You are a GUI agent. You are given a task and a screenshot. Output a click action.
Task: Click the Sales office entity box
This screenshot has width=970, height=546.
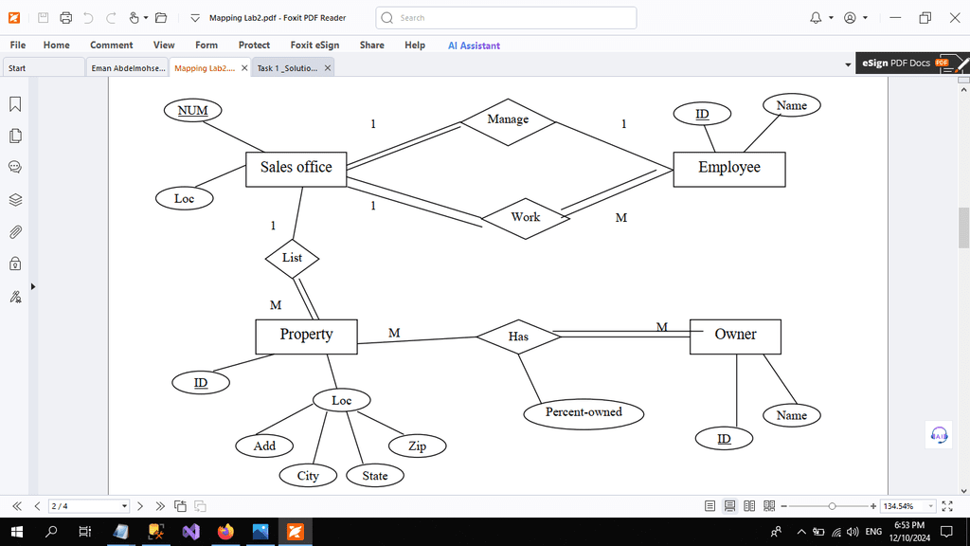pyautogui.click(x=296, y=169)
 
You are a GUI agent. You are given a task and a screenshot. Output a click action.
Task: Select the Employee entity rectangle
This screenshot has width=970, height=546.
pyautogui.click(x=729, y=169)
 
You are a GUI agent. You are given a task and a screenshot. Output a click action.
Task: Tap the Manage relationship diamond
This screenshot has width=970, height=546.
pyautogui.click(x=508, y=122)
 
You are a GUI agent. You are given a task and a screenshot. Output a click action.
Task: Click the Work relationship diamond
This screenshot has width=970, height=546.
pyautogui.click(x=525, y=218)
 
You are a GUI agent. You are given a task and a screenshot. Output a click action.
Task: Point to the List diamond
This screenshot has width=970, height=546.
pyautogui.click(x=292, y=258)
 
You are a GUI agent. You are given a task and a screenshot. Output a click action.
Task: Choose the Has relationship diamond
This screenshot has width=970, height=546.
pyautogui.click(x=518, y=337)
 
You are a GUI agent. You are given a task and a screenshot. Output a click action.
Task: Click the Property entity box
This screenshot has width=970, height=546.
pyautogui.click(x=306, y=337)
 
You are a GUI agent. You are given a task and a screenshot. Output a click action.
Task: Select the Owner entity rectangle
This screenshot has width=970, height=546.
pyautogui.click(x=735, y=337)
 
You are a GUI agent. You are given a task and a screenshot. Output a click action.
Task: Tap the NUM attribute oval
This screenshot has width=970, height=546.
pyautogui.click(x=192, y=110)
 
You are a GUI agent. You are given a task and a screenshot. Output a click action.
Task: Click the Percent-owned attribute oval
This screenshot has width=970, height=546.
pyautogui.click(x=584, y=413)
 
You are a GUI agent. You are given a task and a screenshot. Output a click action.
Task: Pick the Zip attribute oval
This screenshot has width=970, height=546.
pyautogui.click(x=417, y=446)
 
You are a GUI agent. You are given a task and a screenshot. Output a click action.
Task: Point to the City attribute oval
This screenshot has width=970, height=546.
pyautogui.click(x=308, y=476)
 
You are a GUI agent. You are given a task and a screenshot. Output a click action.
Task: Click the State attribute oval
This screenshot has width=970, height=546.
pyautogui.click(x=375, y=476)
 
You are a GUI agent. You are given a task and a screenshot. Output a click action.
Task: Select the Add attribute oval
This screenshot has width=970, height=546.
pyautogui.click(x=264, y=446)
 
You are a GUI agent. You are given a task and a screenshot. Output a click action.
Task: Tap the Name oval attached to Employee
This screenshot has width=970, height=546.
pyautogui.click(x=792, y=105)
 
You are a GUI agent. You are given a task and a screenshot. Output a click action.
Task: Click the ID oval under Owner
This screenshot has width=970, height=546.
pyautogui.click(x=724, y=439)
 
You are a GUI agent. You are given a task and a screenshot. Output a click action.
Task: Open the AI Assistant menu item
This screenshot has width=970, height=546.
pyautogui.click(x=474, y=45)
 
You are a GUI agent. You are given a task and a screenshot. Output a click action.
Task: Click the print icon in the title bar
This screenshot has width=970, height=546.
pyautogui.click(x=65, y=18)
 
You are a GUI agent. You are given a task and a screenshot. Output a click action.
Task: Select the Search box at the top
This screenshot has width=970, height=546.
pyautogui.click(x=506, y=18)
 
